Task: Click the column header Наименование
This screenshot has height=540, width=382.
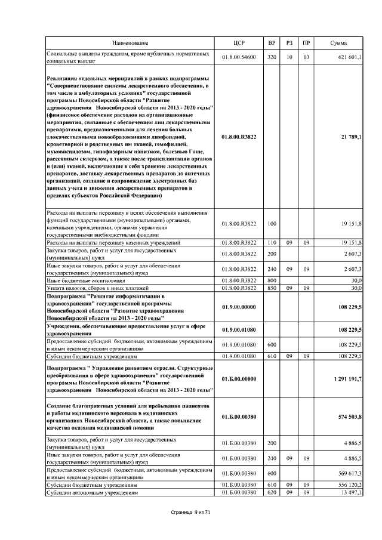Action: coord(130,43)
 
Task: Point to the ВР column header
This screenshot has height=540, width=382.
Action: coord(272,43)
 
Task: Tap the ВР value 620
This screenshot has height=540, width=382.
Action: coord(272,493)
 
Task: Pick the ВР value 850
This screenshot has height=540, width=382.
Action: coord(272,288)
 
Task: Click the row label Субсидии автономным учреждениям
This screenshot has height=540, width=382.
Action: coord(92,493)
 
